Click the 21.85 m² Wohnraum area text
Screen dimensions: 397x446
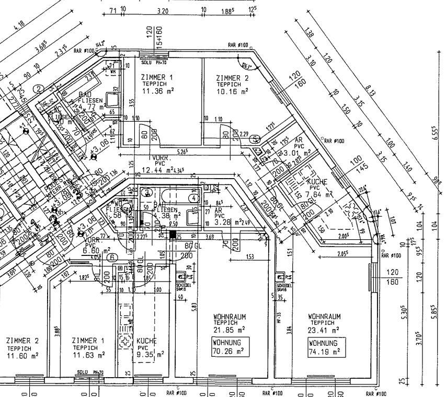[229, 330]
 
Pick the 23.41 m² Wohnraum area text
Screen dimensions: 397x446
[324, 330]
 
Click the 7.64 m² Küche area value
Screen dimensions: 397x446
[323, 194]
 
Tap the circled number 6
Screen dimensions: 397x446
[110, 256]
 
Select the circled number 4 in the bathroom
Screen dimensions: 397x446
[194, 198]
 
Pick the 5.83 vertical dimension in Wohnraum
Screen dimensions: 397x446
[195, 307]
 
